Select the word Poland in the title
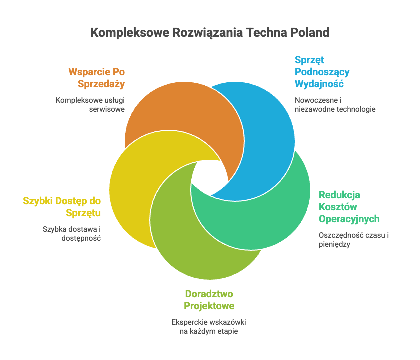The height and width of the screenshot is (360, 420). pos(310,33)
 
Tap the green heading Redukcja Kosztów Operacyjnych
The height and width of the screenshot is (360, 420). pos(349,207)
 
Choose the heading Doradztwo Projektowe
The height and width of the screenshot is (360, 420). pos(209,299)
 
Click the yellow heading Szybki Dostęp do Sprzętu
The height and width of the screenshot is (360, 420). pos(62,207)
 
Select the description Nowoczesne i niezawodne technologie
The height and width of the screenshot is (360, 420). pos(335,104)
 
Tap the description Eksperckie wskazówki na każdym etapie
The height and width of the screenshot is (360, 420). pos(209,326)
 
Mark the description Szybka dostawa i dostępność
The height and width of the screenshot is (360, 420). pos(72,234)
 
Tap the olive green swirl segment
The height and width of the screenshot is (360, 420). pos(200,245)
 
